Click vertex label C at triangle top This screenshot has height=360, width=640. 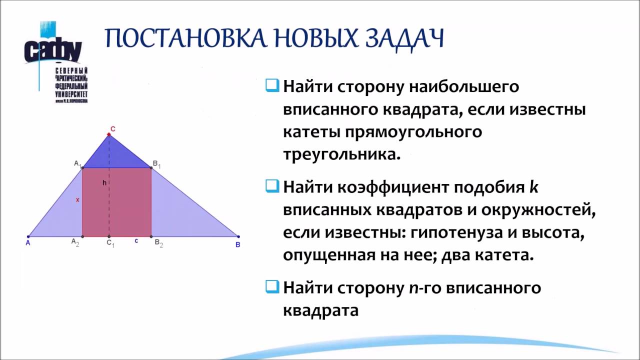[x=113, y=129]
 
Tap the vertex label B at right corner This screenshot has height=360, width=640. [x=237, y=244]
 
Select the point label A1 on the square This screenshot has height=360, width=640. [x=77, y=163]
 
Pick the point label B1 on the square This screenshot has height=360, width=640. [x=156, y=163]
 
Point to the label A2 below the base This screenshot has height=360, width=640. [x=75, y=242]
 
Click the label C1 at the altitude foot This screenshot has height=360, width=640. [x=110, y=244]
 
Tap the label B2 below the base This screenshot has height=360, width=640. [x=158, y=243]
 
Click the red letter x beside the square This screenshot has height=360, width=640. [x=77, y=199]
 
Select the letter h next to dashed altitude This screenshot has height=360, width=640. [x=104, y=183]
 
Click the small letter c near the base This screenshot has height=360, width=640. [x=136, y=240]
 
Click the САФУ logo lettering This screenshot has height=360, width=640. [x=52, y=50]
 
